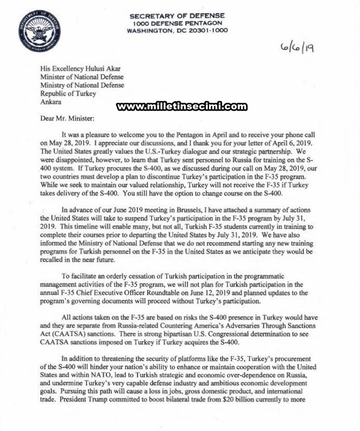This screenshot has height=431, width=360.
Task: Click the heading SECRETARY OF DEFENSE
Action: point(177,16)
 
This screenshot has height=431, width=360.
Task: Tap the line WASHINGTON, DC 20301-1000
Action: point(177,31)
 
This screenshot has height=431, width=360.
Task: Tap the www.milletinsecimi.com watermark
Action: point(182,106)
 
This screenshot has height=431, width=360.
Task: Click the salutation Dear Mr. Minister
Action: point(67,118)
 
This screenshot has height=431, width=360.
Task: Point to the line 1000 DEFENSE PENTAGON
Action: point(177,23)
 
